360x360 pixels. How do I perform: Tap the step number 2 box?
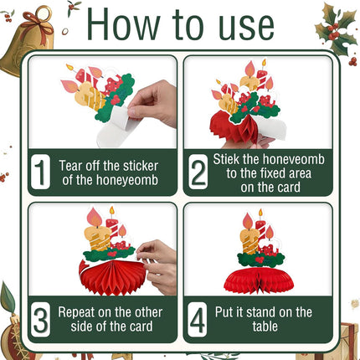pyautogui.click(x=198, y=172)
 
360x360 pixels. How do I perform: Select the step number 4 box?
pyautogui.click(x=198, y=320)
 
